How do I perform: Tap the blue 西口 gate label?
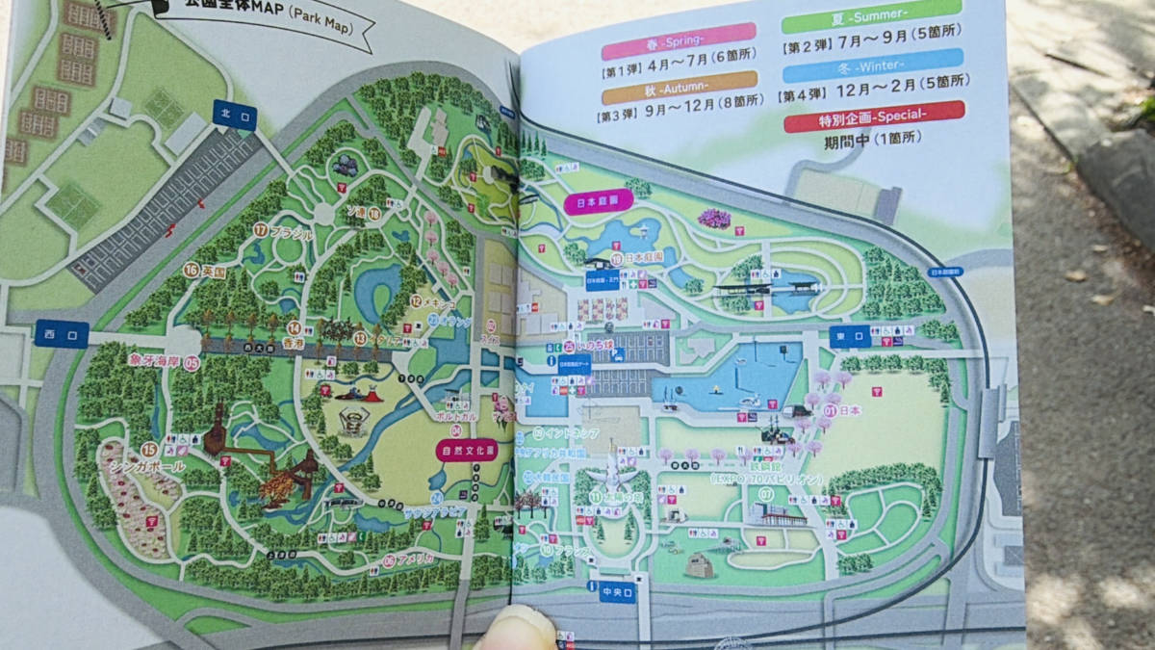click(x=62, y=333)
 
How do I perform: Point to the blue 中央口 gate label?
click(x=617, y=591)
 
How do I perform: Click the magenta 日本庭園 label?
click(x=598, y=202)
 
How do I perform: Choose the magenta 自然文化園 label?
click(x=467, y=450)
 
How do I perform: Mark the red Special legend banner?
click(x=873, y=117)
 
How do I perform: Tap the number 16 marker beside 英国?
click(x=191, y=271)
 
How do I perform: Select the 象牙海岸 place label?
click(x=155, y=361)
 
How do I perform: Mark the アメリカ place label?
click(x=415, y=559)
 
